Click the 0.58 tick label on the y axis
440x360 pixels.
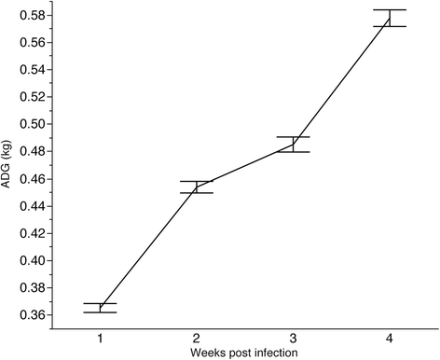[33, 15]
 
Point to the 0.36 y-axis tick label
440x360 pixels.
[33, 315]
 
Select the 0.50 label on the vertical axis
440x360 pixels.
[33, 124]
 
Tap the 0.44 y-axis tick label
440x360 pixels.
[33, 206]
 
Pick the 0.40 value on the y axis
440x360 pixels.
[33, 260]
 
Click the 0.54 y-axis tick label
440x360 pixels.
[33, 70]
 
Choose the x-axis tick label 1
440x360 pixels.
[100, 339]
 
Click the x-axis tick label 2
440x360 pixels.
[197, 339]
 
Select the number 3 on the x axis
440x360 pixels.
[293, 339]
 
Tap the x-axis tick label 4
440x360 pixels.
[390, 339]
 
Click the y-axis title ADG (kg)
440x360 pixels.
[7, 164]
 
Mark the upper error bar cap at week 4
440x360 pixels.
[390, 10]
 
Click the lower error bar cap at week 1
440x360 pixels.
[100, 312]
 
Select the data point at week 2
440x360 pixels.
[197, 187]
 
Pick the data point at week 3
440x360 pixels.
[293, 145]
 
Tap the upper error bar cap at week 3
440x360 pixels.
[293, 137]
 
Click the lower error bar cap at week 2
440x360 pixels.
[197, 193]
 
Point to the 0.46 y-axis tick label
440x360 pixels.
[33, 179]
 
